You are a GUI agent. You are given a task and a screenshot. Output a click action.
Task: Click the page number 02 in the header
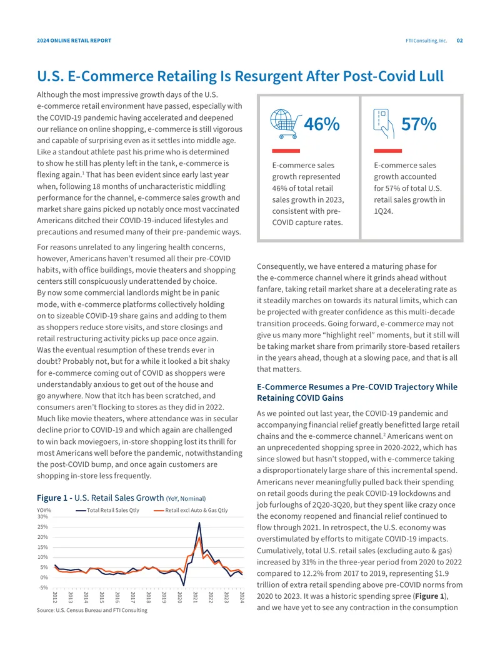tap(459, 41)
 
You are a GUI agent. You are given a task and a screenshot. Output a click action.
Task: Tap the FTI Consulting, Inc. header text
tap(426, 41)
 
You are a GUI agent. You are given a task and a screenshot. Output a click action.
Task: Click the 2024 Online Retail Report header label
tap(74, 41)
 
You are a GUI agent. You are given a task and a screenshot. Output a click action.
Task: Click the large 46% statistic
tap(322, 124)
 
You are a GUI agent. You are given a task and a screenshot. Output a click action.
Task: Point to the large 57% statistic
tap(419, 124)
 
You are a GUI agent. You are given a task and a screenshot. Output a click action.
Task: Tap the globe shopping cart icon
tap(286, 124)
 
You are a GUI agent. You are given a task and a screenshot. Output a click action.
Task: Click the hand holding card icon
tap(384, 124)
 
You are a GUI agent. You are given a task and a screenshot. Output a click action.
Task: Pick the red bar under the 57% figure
tap(387, 151)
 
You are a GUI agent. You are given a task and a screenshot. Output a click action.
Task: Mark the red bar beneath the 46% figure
tap(286, 151)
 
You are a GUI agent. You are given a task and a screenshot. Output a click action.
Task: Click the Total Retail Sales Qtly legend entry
tap(107, 511)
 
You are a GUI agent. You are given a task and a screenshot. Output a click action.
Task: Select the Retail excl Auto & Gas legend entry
tap(191, 511)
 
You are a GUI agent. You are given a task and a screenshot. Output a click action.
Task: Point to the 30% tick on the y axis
tap(42, 516)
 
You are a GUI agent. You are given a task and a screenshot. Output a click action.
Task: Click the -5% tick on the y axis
tap(43, 588)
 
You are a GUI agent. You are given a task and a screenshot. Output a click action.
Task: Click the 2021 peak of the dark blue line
tap(199, 523)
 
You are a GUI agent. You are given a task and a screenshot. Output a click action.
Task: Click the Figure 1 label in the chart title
tap(52, 498)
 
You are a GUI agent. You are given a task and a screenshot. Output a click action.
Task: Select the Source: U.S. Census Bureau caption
tap(92, 610)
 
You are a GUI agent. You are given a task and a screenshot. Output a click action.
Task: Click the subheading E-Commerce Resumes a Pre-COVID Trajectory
tap(357, 393)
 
